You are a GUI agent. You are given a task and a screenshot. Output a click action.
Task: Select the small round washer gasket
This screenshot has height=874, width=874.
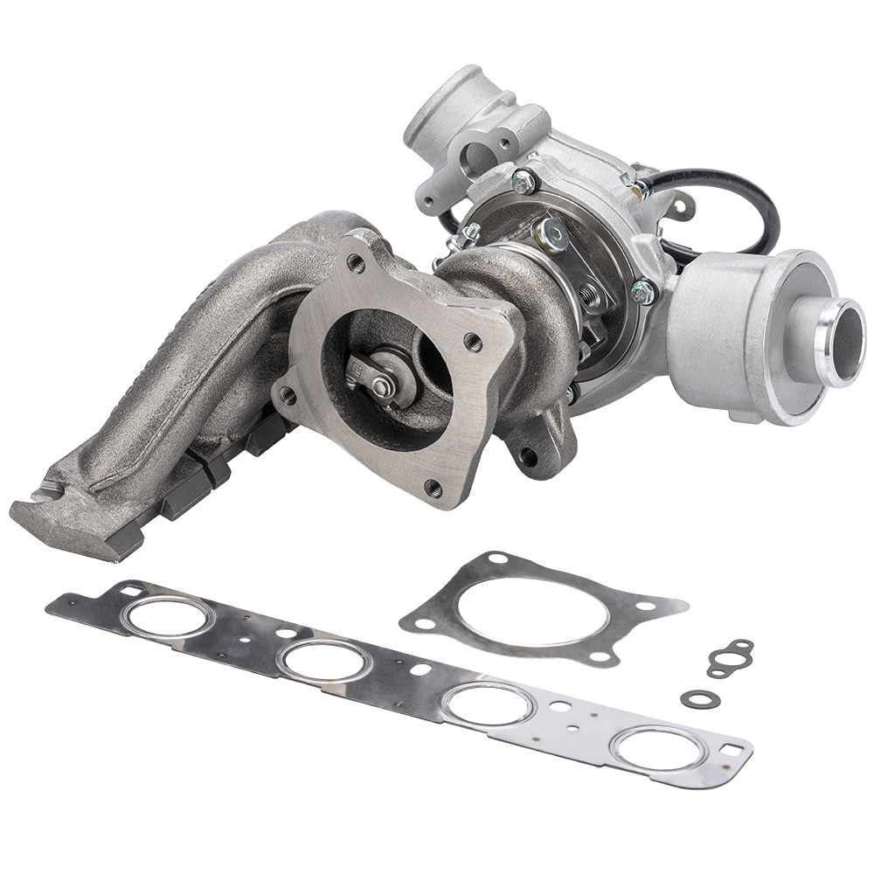tap(700, 698)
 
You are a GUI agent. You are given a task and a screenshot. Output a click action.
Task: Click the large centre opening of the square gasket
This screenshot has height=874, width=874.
tap(532, 610)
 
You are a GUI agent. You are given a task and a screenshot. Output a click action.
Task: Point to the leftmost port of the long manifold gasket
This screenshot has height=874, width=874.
tap(168, 617)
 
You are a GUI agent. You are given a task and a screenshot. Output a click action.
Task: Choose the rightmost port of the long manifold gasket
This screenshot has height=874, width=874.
tap(658, 748)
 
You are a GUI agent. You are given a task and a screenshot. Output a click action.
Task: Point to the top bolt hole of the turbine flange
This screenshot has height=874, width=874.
tap(356, 261)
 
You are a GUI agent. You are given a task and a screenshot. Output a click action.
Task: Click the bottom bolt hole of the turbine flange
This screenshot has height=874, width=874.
tap(433, 489)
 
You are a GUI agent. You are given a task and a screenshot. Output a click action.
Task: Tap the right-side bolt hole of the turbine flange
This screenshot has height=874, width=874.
tap(474, 341)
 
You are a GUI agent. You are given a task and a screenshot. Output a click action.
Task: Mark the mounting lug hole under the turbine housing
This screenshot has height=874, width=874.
tap(528, 455)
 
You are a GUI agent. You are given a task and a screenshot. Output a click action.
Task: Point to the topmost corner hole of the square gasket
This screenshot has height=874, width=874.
tap(498, 558)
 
